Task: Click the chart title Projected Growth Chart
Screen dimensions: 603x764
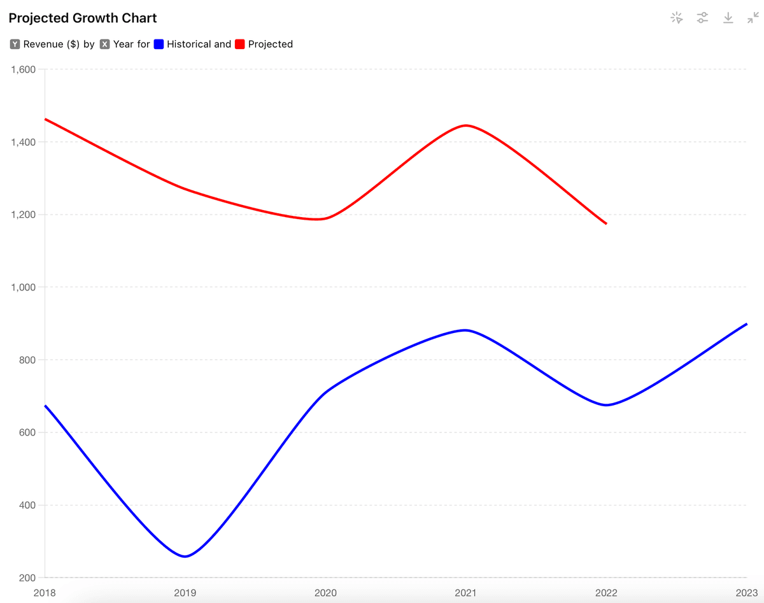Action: [x=83, y=18]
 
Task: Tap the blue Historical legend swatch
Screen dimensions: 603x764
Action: [x=159, y=45]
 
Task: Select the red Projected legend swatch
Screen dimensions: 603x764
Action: [x=240, y=45]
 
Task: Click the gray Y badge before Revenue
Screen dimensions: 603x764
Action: [x=15, y=45]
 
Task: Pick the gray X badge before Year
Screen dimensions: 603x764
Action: [x=104, y=45]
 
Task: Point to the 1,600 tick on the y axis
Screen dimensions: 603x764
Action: [x=24, y=69]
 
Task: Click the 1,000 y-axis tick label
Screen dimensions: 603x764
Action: [x=24, y=287]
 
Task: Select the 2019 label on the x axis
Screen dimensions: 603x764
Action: [x=185, y=593]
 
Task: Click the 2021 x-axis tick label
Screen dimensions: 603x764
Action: [x=465, y=593]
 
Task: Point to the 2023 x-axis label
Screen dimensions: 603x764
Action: [x=746, y=593]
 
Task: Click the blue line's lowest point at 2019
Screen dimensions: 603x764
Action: [x=185, y=557]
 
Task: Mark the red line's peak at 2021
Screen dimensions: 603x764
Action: [x=465, y=125]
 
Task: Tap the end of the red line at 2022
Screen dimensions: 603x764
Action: [x=606, y=223]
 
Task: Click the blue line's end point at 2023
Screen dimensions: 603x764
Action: [x=746, y=324]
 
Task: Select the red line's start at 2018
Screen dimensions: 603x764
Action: [x=46, y=119]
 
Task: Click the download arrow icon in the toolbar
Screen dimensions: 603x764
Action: [x=728, y=18]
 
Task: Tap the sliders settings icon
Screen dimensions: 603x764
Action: [x=702, y=18]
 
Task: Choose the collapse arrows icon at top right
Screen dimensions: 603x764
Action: [x=753, y=18]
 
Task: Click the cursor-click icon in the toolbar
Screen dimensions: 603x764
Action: [x=677, y=18]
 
